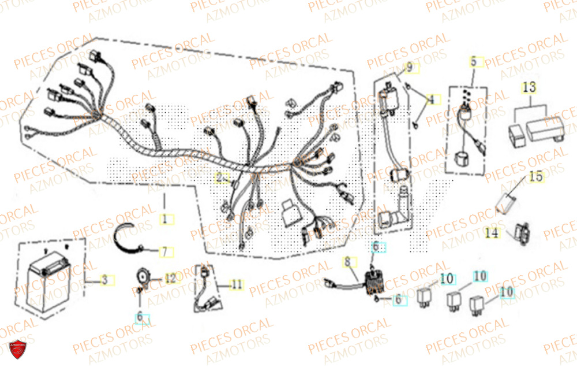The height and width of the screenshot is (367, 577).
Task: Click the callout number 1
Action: (164, 219)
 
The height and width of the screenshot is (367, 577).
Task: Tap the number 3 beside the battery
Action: (104, 280)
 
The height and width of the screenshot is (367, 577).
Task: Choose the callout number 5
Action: (474, 60)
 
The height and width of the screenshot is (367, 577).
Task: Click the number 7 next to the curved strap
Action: (164, 252)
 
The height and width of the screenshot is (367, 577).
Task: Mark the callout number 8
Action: (347, 262)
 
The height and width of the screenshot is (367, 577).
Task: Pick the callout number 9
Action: (409, 68)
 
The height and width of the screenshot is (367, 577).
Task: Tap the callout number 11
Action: (236, 284)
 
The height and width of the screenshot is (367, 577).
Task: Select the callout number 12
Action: (170, 279)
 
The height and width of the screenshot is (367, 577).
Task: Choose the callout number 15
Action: (536, 177)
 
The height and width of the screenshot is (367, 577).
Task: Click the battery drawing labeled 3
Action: (49, 277)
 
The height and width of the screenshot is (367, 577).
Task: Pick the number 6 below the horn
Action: (140, 317)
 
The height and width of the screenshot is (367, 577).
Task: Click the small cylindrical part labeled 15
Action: (508, 202)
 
